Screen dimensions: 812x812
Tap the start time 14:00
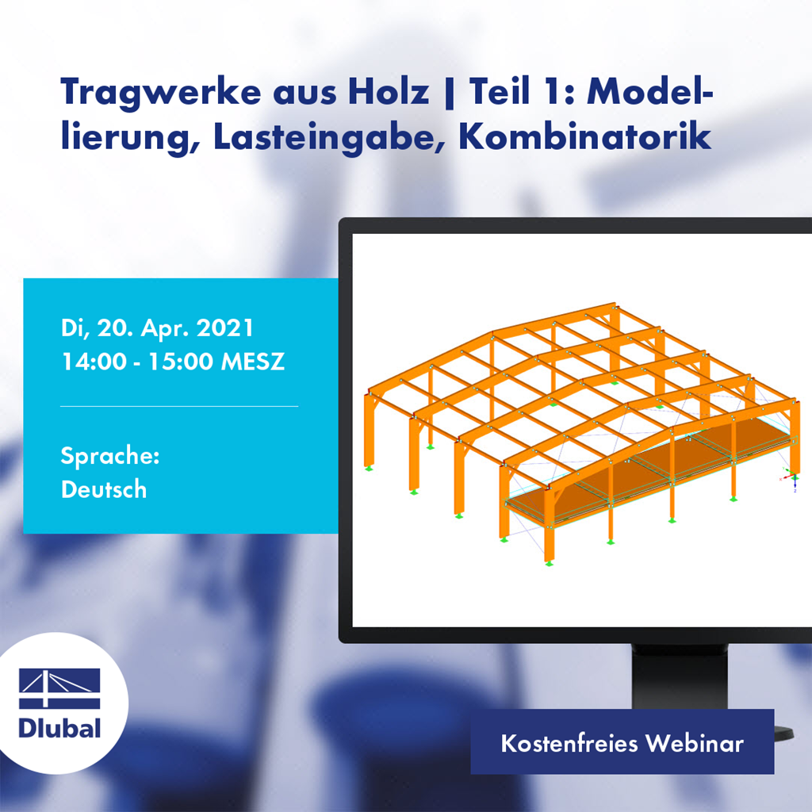93,362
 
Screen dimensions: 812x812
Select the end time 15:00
180,362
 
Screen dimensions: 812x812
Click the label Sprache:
110,456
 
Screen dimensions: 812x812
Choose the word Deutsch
104,489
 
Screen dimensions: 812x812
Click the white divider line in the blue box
179,406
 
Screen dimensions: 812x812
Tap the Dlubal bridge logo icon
59,689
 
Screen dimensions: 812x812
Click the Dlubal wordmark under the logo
59,727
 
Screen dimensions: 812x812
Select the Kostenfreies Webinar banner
622,744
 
